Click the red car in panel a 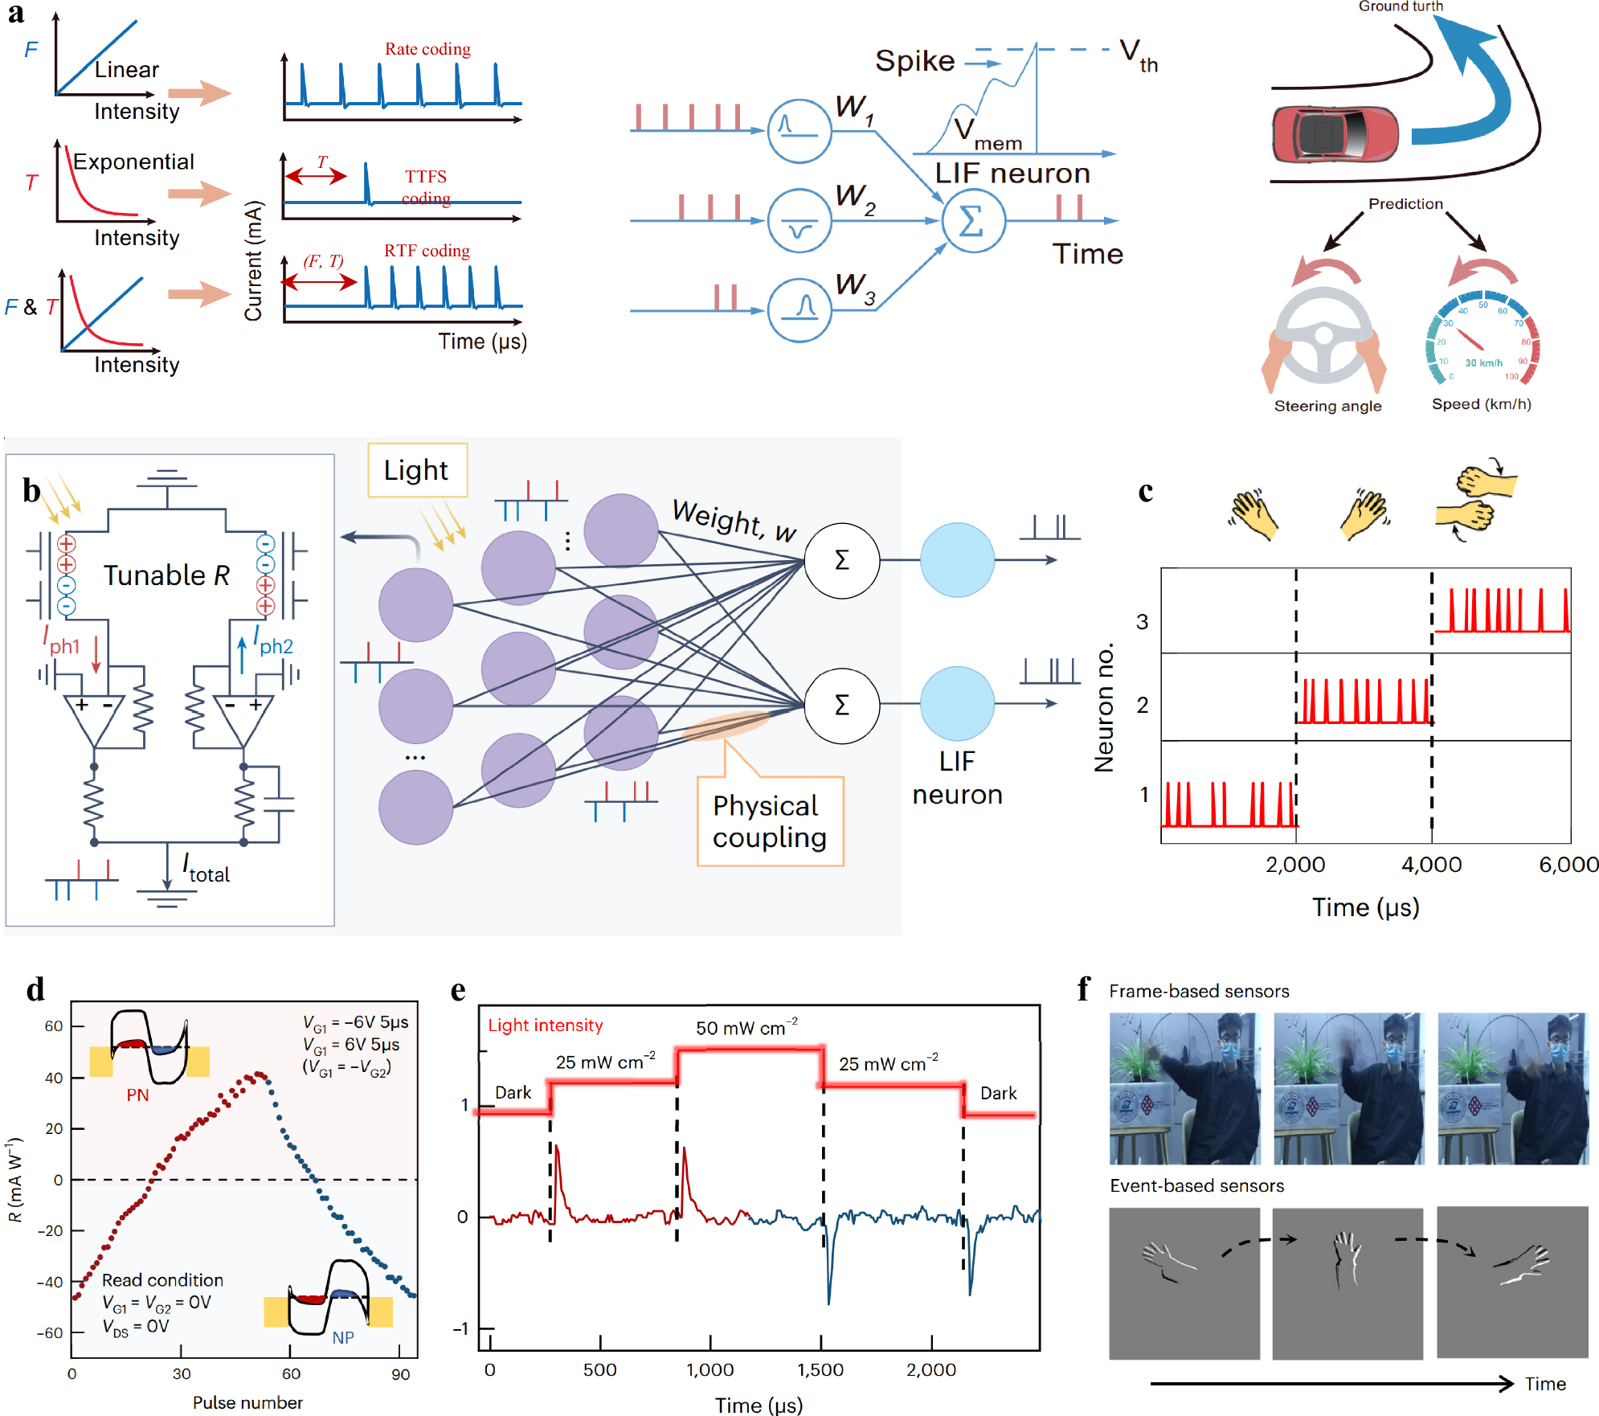pos(1335,134)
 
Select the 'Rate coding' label pos(427,49)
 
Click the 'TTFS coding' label pos(426,186)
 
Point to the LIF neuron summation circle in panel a pos(972,221)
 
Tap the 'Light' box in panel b pos(416,470)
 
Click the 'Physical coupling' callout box pos(770,821)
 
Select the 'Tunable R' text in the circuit pos(166,575)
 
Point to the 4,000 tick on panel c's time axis pos(1431,865)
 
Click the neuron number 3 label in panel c pos(1142,621)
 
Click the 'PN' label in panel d pos(137,1095)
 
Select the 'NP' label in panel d pos(343,1337)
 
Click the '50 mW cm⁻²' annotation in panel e pos(746,1028)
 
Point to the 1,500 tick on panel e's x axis pos(820,1369)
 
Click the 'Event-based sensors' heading pos(1196,1186)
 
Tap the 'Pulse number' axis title pos(247,1402)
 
